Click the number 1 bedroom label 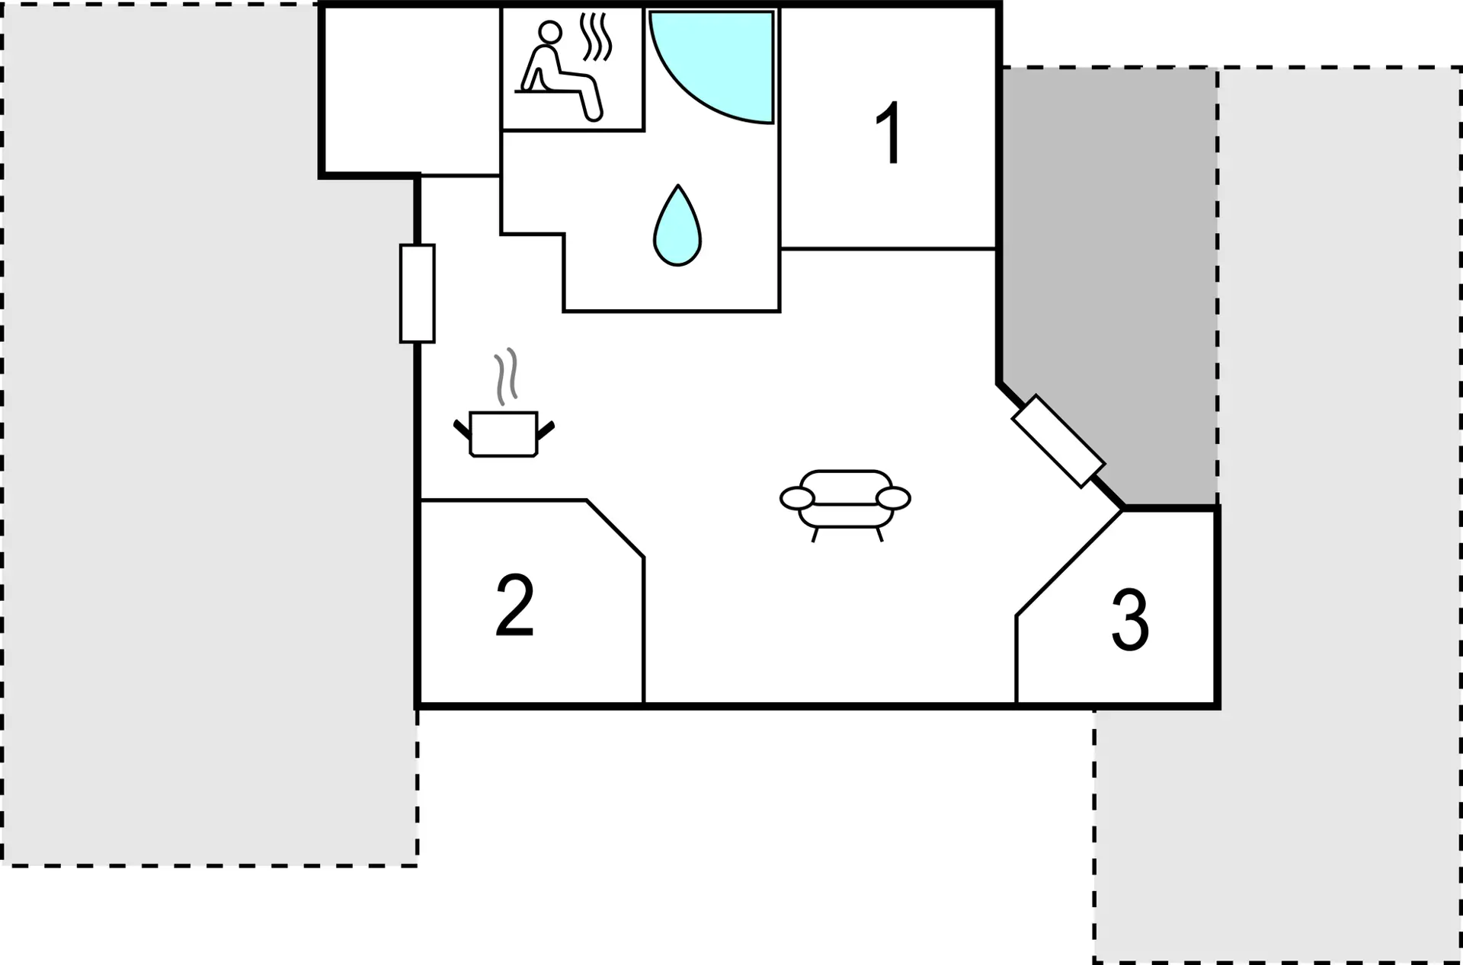point(890,133)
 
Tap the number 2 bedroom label point(515,606)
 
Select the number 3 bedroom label point(1130,620)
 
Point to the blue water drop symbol point(677,225)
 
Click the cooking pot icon point(504,434)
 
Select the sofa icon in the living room point(845,505)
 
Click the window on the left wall point(418,293)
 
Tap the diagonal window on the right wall point(1058,440)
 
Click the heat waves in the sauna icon point(596,37)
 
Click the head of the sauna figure point(550,32)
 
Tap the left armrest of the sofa point(797,498)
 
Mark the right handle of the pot point(546,430)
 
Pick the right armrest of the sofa point(893,498)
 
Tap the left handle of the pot point(463,430)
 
